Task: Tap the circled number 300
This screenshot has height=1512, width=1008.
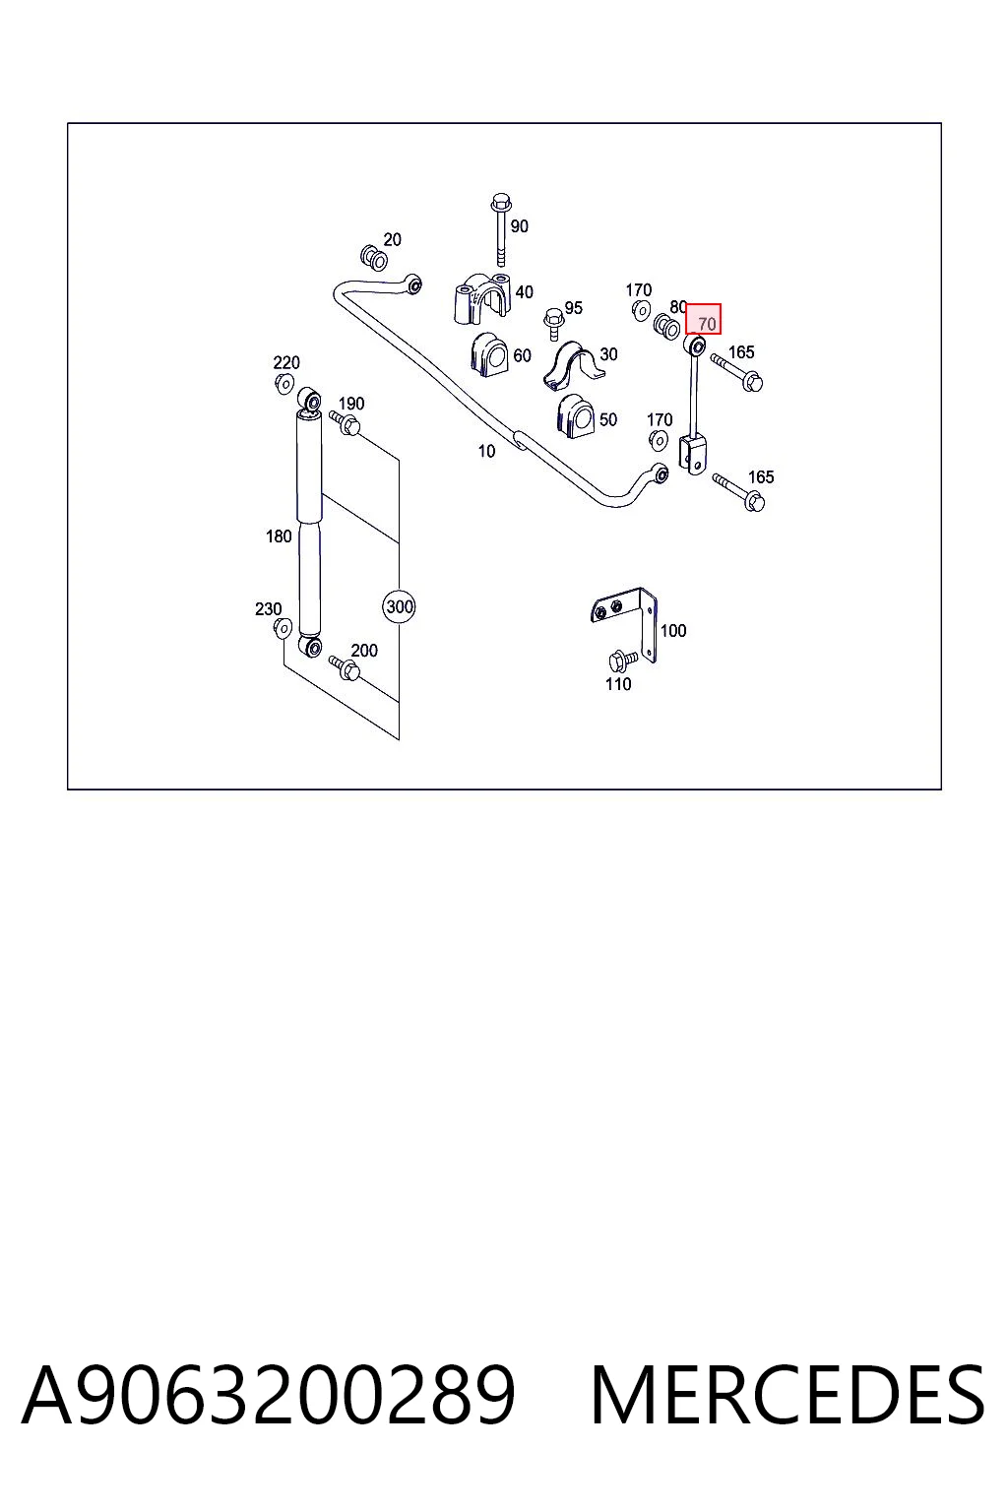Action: pyautogui.click(x=399, y=606)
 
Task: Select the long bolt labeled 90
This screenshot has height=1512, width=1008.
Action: pyautogui.click(x=501, y=229)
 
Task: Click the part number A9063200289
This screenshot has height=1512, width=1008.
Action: pyautogui.click(x=268, y=1395)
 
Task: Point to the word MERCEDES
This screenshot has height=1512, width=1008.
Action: pyautogui.click(x=787, y=1395)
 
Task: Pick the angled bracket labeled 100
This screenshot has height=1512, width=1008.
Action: pyautogui.click(x=625, y=622)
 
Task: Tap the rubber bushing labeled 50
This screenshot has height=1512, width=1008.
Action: pyautogui.click(x=575, y=415)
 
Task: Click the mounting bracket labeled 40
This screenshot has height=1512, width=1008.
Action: pyautogui.click(x=481, y=297)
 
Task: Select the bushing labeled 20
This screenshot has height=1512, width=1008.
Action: pyautogui.click(x=374, y=257)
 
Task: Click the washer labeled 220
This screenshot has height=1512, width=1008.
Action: pyautogui.click(x=284, y=383)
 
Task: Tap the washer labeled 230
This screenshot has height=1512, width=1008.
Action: pyautogui.click(x=283, y=628)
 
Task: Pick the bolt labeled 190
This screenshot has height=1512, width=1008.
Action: pyautogui.click(x=345, y=422)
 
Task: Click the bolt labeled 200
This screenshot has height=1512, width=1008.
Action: pyautogui.click(x=345, y=667)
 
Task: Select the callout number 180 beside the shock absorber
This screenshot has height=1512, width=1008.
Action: pyautogui.click(x=279, y=536)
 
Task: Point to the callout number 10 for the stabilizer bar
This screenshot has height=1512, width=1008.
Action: pyautogui.click(x=486, y=451)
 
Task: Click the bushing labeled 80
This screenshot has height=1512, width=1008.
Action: pyautogui.click(x=666, y=328)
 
